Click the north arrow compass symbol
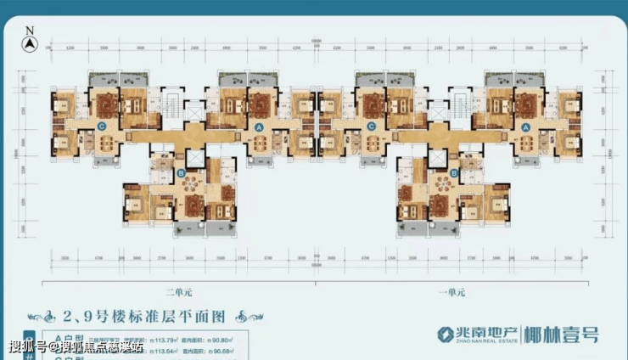click(30, 40)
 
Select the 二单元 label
click(180, 292)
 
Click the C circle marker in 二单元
click(102, 127)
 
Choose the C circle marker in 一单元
click(371, 127)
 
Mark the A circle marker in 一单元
click(526, 126)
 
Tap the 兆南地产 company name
click(479, 331)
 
